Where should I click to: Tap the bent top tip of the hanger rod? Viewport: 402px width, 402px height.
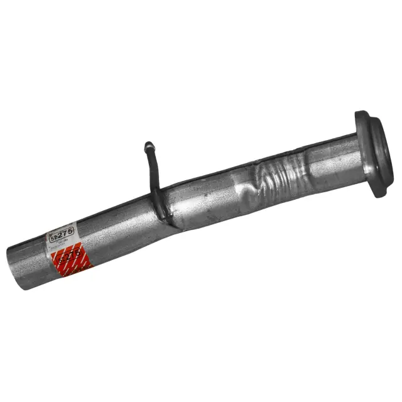(x=148, y=146)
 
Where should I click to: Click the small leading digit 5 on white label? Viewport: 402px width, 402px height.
(x=52, y=237)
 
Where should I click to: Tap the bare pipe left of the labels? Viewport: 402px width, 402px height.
(x=28, y=261)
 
